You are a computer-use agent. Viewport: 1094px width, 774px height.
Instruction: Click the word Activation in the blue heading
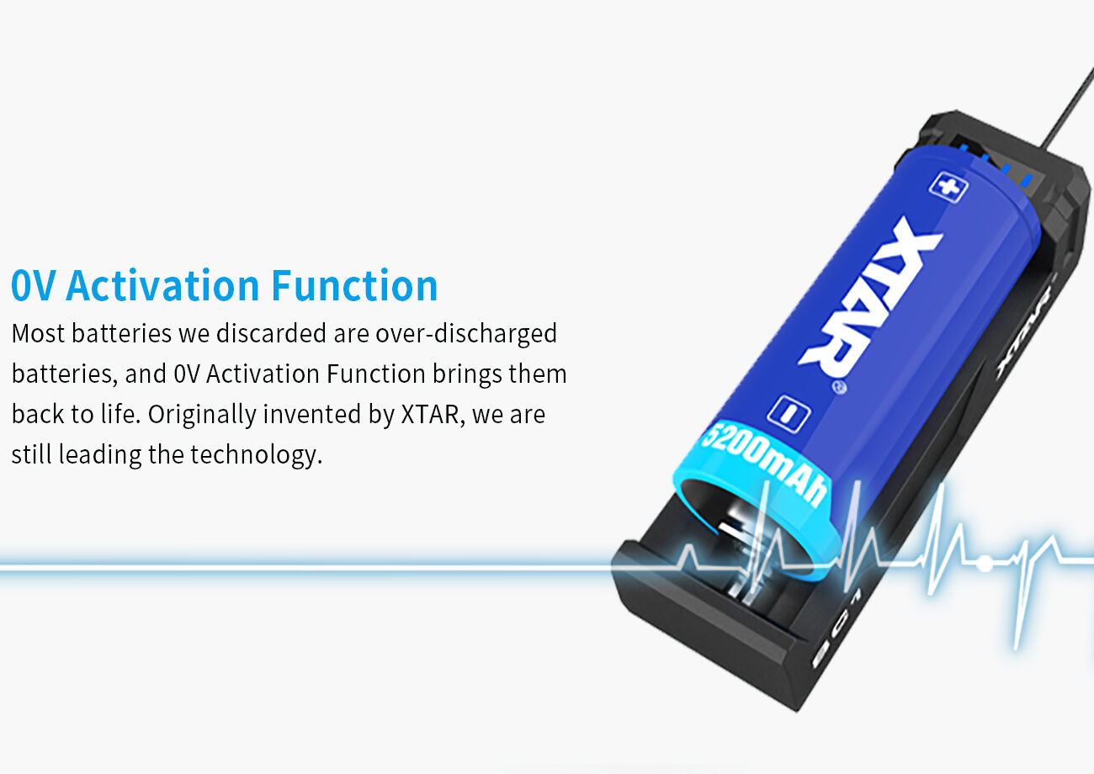click(163, 285)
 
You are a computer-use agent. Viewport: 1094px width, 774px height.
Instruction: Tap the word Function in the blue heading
click(354, 285)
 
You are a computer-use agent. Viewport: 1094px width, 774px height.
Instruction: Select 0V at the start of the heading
click(33, 285)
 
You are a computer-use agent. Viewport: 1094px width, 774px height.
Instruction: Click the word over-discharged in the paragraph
click(466, 333)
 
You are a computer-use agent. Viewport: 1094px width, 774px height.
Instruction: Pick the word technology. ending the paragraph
click(257, 455)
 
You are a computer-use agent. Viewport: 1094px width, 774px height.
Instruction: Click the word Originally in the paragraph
click(202, 415)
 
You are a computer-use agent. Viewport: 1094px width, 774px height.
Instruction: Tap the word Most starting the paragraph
click(38, 333)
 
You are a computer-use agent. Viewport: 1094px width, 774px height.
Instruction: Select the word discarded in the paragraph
click(271, 333)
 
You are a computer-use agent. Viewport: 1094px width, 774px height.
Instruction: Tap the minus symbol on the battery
click(789, 414)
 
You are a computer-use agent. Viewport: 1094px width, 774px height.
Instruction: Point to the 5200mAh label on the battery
click(764, 464)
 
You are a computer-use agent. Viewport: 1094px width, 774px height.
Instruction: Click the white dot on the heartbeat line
click(985, 565)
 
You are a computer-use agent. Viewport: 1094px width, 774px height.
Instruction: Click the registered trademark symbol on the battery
click(840, 388)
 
